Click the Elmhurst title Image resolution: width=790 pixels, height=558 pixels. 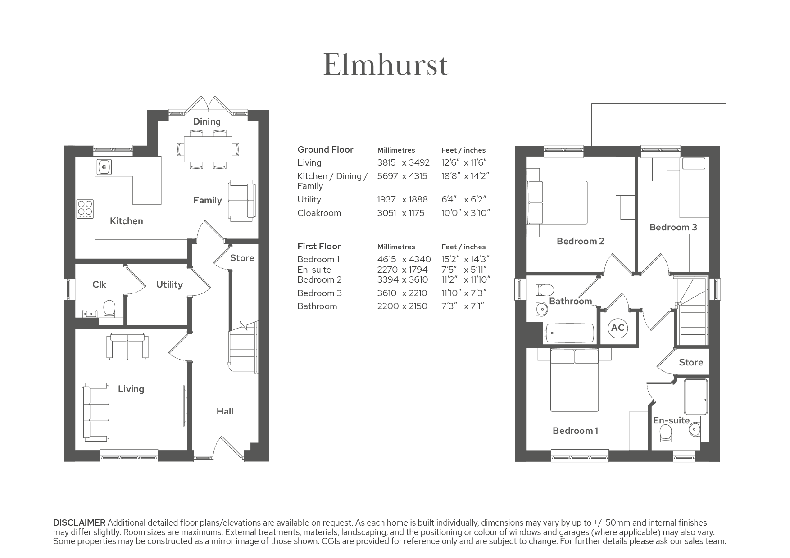pyautogui.click(x=386, y=65)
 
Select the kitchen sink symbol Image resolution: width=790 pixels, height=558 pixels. pyautogui.click(x=104, y=167)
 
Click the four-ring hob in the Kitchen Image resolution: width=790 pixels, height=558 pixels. pyautogui.click(x=85, y=209)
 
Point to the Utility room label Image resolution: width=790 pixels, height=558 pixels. pyautogui.click(x=169, y=284)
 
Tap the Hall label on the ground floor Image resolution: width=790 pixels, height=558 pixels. pyautogui.click(x=225, y=411)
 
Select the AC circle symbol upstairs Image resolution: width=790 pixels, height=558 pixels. pyautogui.click(x=617, y=328)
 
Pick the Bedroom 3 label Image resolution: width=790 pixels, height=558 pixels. pyautogui.click(x=673, y=227)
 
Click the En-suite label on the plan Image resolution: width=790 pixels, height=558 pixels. pyautogui.click(x=671, y=420)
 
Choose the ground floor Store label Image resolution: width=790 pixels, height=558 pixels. pyautogui.click(x=242, y=258)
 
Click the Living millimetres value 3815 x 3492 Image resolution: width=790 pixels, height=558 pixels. pyautogui.click(x=404, y=163)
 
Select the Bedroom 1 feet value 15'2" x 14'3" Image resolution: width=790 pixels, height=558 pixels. pyautogui.click(x=465, y=260)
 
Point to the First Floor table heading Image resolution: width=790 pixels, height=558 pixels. pyautogui.click(x=319, y=246)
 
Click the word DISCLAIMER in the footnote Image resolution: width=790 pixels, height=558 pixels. pyautogui.click(x=79, y=523)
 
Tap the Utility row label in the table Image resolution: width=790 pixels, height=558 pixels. pyautogui.click(x=309, y=200)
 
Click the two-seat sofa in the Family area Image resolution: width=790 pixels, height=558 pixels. pyautogui.click(x=242, y=201)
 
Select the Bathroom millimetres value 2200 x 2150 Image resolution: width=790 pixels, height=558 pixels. pyautogui.click(x=402, y=306)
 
